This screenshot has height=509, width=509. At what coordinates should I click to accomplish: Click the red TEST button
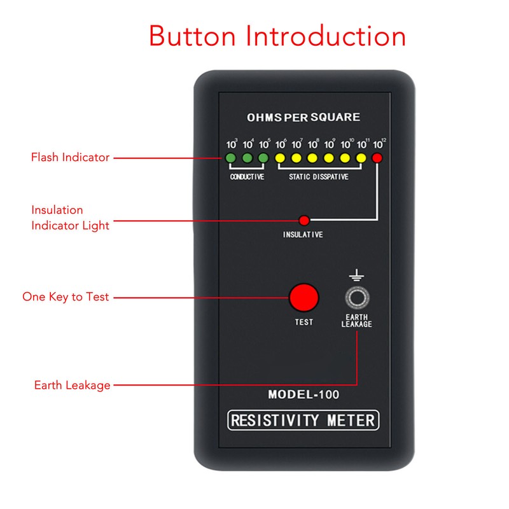click(x=303, y=297)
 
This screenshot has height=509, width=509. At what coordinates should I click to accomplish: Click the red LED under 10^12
click(x=377, y=158)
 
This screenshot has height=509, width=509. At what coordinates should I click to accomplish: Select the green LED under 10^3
click(x=231, y=158)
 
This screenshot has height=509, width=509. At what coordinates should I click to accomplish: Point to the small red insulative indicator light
click(x=304, y=221)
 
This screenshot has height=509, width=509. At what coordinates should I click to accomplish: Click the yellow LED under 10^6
click(x=279, y=158)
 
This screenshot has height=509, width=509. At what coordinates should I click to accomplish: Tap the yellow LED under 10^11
click(x=361, y=158)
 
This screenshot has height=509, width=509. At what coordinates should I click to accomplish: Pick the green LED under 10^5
click(x=263, y=158)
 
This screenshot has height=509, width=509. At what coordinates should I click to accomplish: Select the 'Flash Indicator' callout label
click(x=71, y=157)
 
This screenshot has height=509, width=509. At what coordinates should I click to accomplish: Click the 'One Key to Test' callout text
click(x=66, y=296)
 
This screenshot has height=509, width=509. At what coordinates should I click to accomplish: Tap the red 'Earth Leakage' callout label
click(x=73, y=385)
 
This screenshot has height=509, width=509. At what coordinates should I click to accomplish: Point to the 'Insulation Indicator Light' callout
click(x=71, y=217)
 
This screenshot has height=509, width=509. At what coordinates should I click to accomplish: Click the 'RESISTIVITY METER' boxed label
click(x=303, y=420)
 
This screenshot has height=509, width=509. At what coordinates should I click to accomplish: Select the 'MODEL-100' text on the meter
click(x=303, y=394)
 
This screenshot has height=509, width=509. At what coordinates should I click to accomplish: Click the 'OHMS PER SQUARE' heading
click(x=303, y=117)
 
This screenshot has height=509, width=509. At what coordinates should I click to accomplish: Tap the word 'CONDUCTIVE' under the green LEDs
click(x=247, y=177)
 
